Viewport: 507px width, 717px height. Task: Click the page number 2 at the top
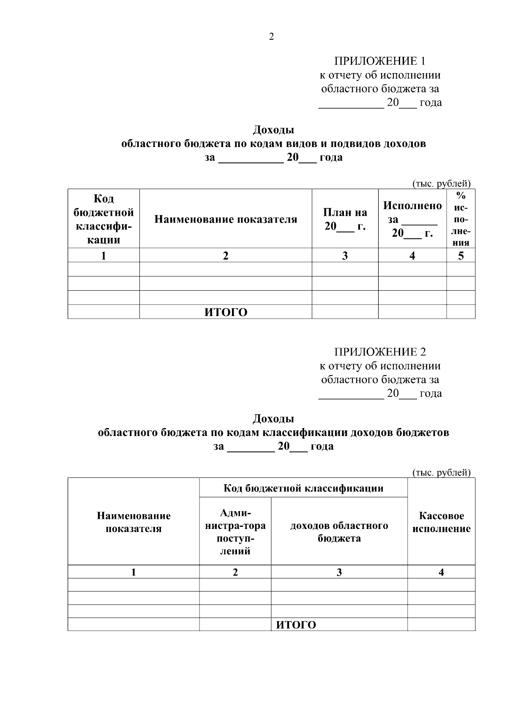tap(271, 37)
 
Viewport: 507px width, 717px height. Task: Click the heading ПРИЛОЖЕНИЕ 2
tap(380, 352)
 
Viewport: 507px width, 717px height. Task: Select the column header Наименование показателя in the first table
tap(226, 219)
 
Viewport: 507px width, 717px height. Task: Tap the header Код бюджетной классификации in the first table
tap(104, 219)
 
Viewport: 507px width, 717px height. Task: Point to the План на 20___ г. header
tap(345, 219)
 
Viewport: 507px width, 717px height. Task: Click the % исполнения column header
tap(461, 219)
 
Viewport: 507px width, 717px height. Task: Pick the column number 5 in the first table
tap(461, 256)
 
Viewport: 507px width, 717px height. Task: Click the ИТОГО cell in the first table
tap(226, 312)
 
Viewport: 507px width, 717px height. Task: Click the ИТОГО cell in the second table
tap(296, 625)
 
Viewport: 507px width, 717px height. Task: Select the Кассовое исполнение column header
tap(441, 522)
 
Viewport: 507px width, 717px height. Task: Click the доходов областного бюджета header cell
tap(339, 532)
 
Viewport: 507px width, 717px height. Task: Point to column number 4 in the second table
tap(441, 573)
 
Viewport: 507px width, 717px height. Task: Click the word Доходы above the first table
tap(273, 130)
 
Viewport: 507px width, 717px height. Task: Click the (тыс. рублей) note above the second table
tap(441, 473)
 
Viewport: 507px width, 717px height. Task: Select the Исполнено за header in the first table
tap(412, 219)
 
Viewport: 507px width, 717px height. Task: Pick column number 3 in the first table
tap(345, 256)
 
